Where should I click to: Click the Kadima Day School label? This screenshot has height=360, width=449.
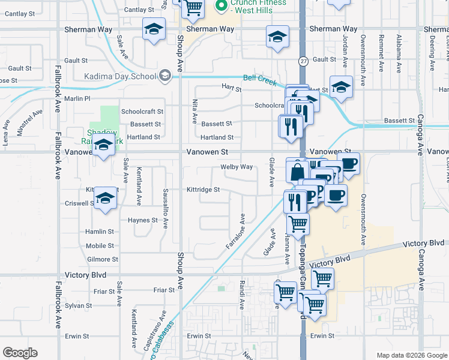point(120,76)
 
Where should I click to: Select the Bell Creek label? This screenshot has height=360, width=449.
point(260,79)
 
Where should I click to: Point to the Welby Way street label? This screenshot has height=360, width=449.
point(237,167)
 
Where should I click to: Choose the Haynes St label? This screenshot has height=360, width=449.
point(142,220)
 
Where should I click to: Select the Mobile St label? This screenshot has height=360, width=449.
point(100,246)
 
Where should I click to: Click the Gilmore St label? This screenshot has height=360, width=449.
point(101,259)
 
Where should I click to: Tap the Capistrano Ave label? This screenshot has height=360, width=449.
point(162,324)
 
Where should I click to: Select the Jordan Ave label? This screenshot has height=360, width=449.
point(346,50)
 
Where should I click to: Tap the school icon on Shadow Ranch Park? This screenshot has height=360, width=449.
point(103,146)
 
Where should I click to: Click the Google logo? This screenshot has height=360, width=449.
point(20,353)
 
